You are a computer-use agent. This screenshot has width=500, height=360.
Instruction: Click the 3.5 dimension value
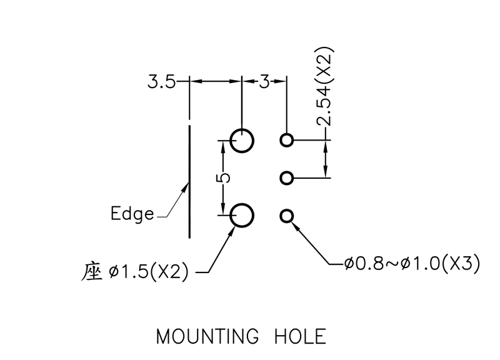coord(161,82)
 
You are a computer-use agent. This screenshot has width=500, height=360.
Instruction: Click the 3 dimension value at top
coord(264,82)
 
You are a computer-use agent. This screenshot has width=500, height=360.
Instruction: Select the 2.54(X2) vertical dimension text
coord(324,87)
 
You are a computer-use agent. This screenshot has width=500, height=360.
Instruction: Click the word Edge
coord(132,214)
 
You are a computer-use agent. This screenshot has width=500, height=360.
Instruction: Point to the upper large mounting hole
coord(242,141)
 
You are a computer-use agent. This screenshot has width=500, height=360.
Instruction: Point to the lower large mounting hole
coord(242,216)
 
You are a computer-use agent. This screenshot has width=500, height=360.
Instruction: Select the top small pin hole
coord(287,140)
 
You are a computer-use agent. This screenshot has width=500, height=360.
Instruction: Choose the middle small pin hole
coord(287,178)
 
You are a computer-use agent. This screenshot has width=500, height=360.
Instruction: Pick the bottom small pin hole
coord(287,216)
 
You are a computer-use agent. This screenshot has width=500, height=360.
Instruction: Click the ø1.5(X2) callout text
coord(148,273)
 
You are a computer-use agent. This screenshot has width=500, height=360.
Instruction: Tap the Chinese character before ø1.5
coord(92,272)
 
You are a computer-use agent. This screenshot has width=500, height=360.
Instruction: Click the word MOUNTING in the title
coord(207,337)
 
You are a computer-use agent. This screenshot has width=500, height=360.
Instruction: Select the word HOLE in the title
coord(301,337)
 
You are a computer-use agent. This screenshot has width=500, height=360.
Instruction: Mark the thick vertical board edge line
coord(189,181)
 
